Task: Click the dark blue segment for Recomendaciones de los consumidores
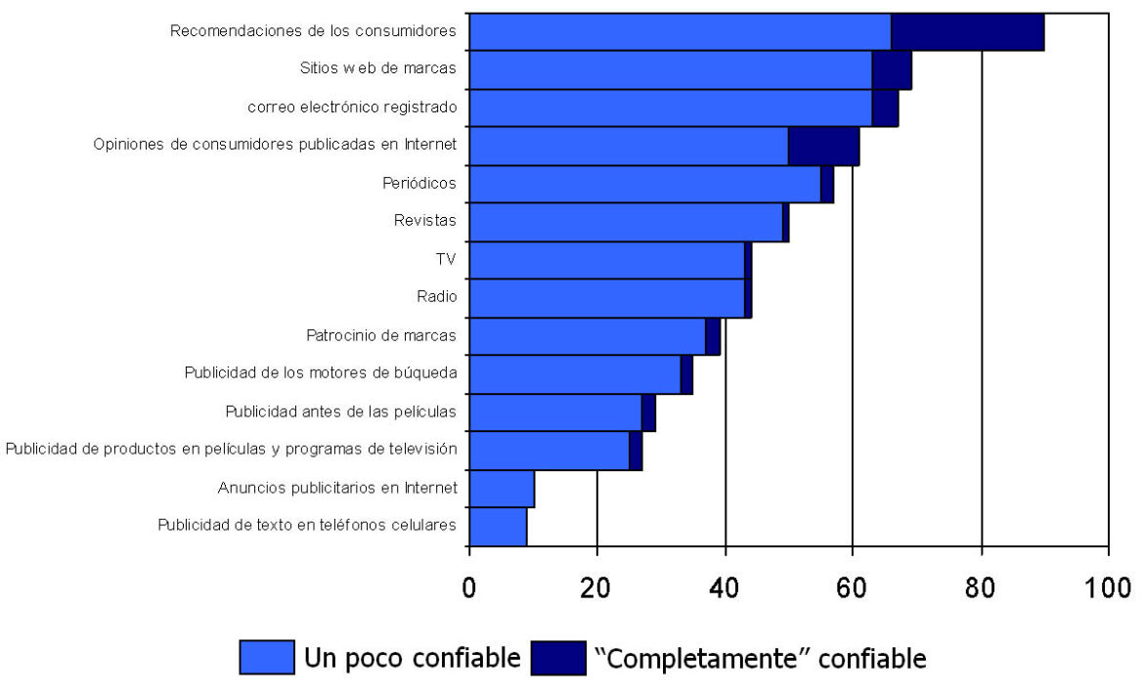(x=967, y=31)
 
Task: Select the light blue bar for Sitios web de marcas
(x=671, y=69)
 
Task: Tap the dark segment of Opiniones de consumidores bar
(x=823, y=146)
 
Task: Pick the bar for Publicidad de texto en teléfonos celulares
(x=498, y=526)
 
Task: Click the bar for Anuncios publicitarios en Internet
(x=502, y=488)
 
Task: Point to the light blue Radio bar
(x=606, y=297)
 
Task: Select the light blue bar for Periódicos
(x=644, y=184)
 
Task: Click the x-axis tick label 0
(x=469, y=589)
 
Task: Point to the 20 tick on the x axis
(x=596, y=589)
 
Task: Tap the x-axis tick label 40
(x=725, y=589)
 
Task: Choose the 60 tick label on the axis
(x=853, y=589)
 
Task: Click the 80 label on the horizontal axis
(x=981, y=589)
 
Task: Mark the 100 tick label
(x=1107, y=589)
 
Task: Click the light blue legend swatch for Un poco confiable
(x=267, y=658)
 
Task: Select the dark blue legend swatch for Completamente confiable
(x=557, y=658)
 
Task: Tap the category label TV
(x=446, y=259)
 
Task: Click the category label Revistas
(x=424, y=221)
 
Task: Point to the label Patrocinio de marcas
(x=381, y=335)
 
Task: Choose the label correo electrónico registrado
(x=352, y=108)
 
